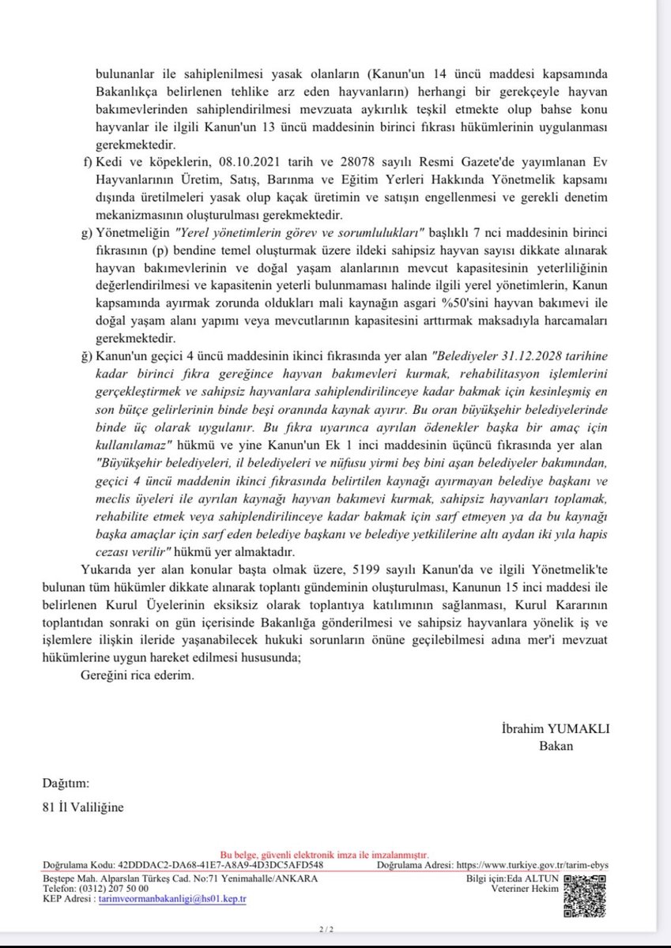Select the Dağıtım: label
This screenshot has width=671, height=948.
(66, 784)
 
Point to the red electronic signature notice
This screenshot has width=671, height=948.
(324, 855)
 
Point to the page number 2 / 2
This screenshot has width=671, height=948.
(324, 929)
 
